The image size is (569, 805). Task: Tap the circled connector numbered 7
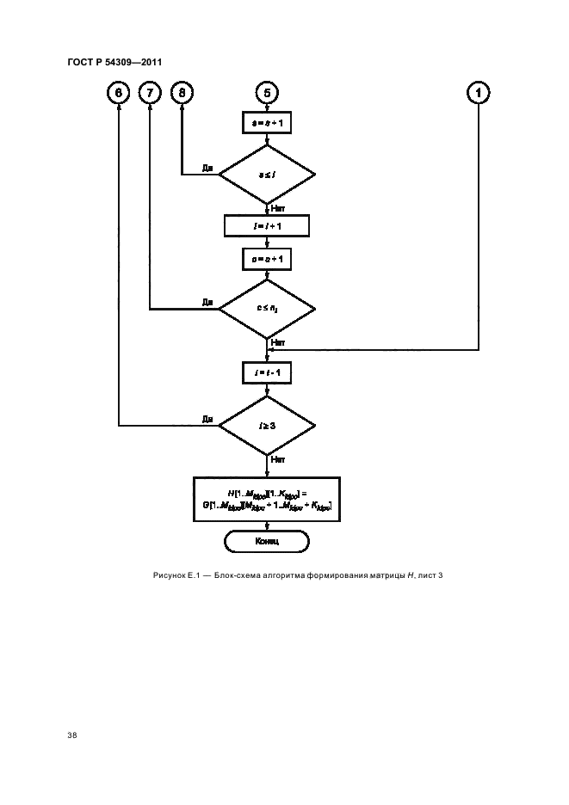(x=150, y=92)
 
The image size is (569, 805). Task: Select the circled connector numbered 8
(x=182, y=92)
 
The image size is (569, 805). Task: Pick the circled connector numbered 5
(x=267, y=92)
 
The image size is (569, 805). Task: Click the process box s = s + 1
(x=267, y=123)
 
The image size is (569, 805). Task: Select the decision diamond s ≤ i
(x=267, y=175)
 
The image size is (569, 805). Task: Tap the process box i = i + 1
(x=267, y=226)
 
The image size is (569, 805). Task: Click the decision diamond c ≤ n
(x=267, y=309)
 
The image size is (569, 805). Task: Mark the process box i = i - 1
(x=267, y=372)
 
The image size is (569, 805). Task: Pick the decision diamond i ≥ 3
(x=267, y=425)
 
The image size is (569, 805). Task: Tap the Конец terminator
(x=267, y=542)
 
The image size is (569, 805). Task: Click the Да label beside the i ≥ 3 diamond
(x=207, y=419)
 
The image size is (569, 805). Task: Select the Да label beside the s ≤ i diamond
(x=207, y=169)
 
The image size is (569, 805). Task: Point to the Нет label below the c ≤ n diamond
(x=278, y=341)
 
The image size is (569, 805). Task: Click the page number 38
(x=72, y=735)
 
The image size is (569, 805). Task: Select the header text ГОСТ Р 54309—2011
(x=114, y=61)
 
